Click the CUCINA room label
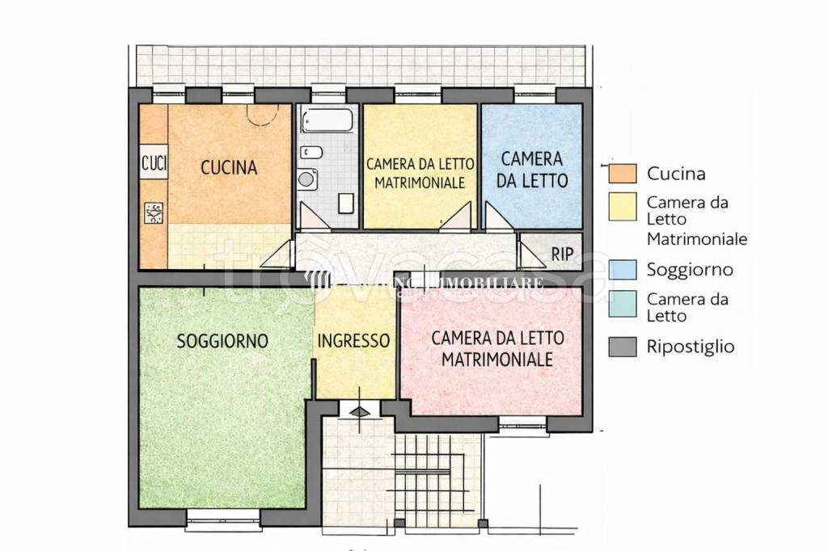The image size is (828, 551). pyautogui.click(x=229, y=168)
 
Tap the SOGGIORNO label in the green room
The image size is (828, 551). pyautogui.click(x=222, y=341)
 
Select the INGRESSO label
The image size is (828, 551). pyautogui.click(x=353, y=341)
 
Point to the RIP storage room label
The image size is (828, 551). pyautogui.click(x=562, y=254)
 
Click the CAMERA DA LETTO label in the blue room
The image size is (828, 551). pyautogui.click(x=530, y=169)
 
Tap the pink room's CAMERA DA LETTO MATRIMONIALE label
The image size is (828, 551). pyautogui.click(x=497, y=348)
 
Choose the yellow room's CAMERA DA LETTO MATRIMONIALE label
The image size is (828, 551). pyautogui.click(x=420, y=173)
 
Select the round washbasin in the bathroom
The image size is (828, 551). pyautogui.click(x=306, y=179)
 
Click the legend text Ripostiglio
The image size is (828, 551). pyautogui.click(x=691, y=347)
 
